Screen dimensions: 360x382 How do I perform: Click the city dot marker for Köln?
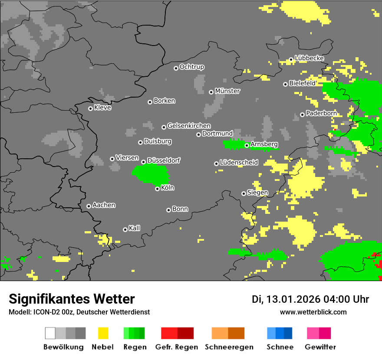pyautogui.click(x=157, y=189)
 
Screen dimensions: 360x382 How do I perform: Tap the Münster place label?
pyautogui.click(x=227, y=91)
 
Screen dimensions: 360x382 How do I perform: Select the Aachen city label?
pyautogui.click(x=104, y=205)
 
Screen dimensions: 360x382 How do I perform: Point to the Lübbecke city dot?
pyautogui.click(x=291, y=59)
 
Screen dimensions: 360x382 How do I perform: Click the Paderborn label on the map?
pyautogui.click(x=321, y=113)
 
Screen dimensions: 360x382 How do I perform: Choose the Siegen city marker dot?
pyautogui.click(x=244, y=193)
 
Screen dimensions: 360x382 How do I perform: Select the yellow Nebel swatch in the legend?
pyautogui.click(x=103, y=333)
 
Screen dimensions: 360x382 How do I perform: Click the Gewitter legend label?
pyautogui.click(x=320, y=347)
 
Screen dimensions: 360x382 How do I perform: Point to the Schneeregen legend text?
pyautogui.click(x=229, y=347)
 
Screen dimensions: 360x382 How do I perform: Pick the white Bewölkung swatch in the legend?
pyautogui.click(x=50, y=333)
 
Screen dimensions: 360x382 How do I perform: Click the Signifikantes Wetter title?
pyautogui.click(x=72, y=299)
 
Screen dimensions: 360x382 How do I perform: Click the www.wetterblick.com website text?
pyautogui.click(x=313, y=312)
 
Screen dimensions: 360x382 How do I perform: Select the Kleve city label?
pyautogui.click(x=102, y=108)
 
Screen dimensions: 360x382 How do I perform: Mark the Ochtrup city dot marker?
pyautogui.click(x=176, y=68)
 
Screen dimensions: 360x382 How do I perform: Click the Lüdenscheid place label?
pyautogui.click(x=239, y=163)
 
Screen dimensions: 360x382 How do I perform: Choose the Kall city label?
pyautogui.click(x=135, y=228)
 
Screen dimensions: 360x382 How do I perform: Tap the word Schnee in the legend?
pyautogui.click(x=280, y=347)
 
